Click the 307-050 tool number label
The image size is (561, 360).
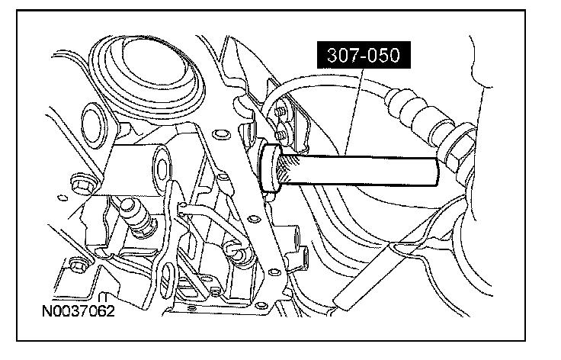364,55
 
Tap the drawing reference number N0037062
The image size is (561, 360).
79,310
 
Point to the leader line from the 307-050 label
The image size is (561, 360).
354,111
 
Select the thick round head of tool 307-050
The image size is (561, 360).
270,169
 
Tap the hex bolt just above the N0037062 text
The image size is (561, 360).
78,265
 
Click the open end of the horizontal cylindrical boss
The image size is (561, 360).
162,166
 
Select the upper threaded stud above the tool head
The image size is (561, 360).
281,111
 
